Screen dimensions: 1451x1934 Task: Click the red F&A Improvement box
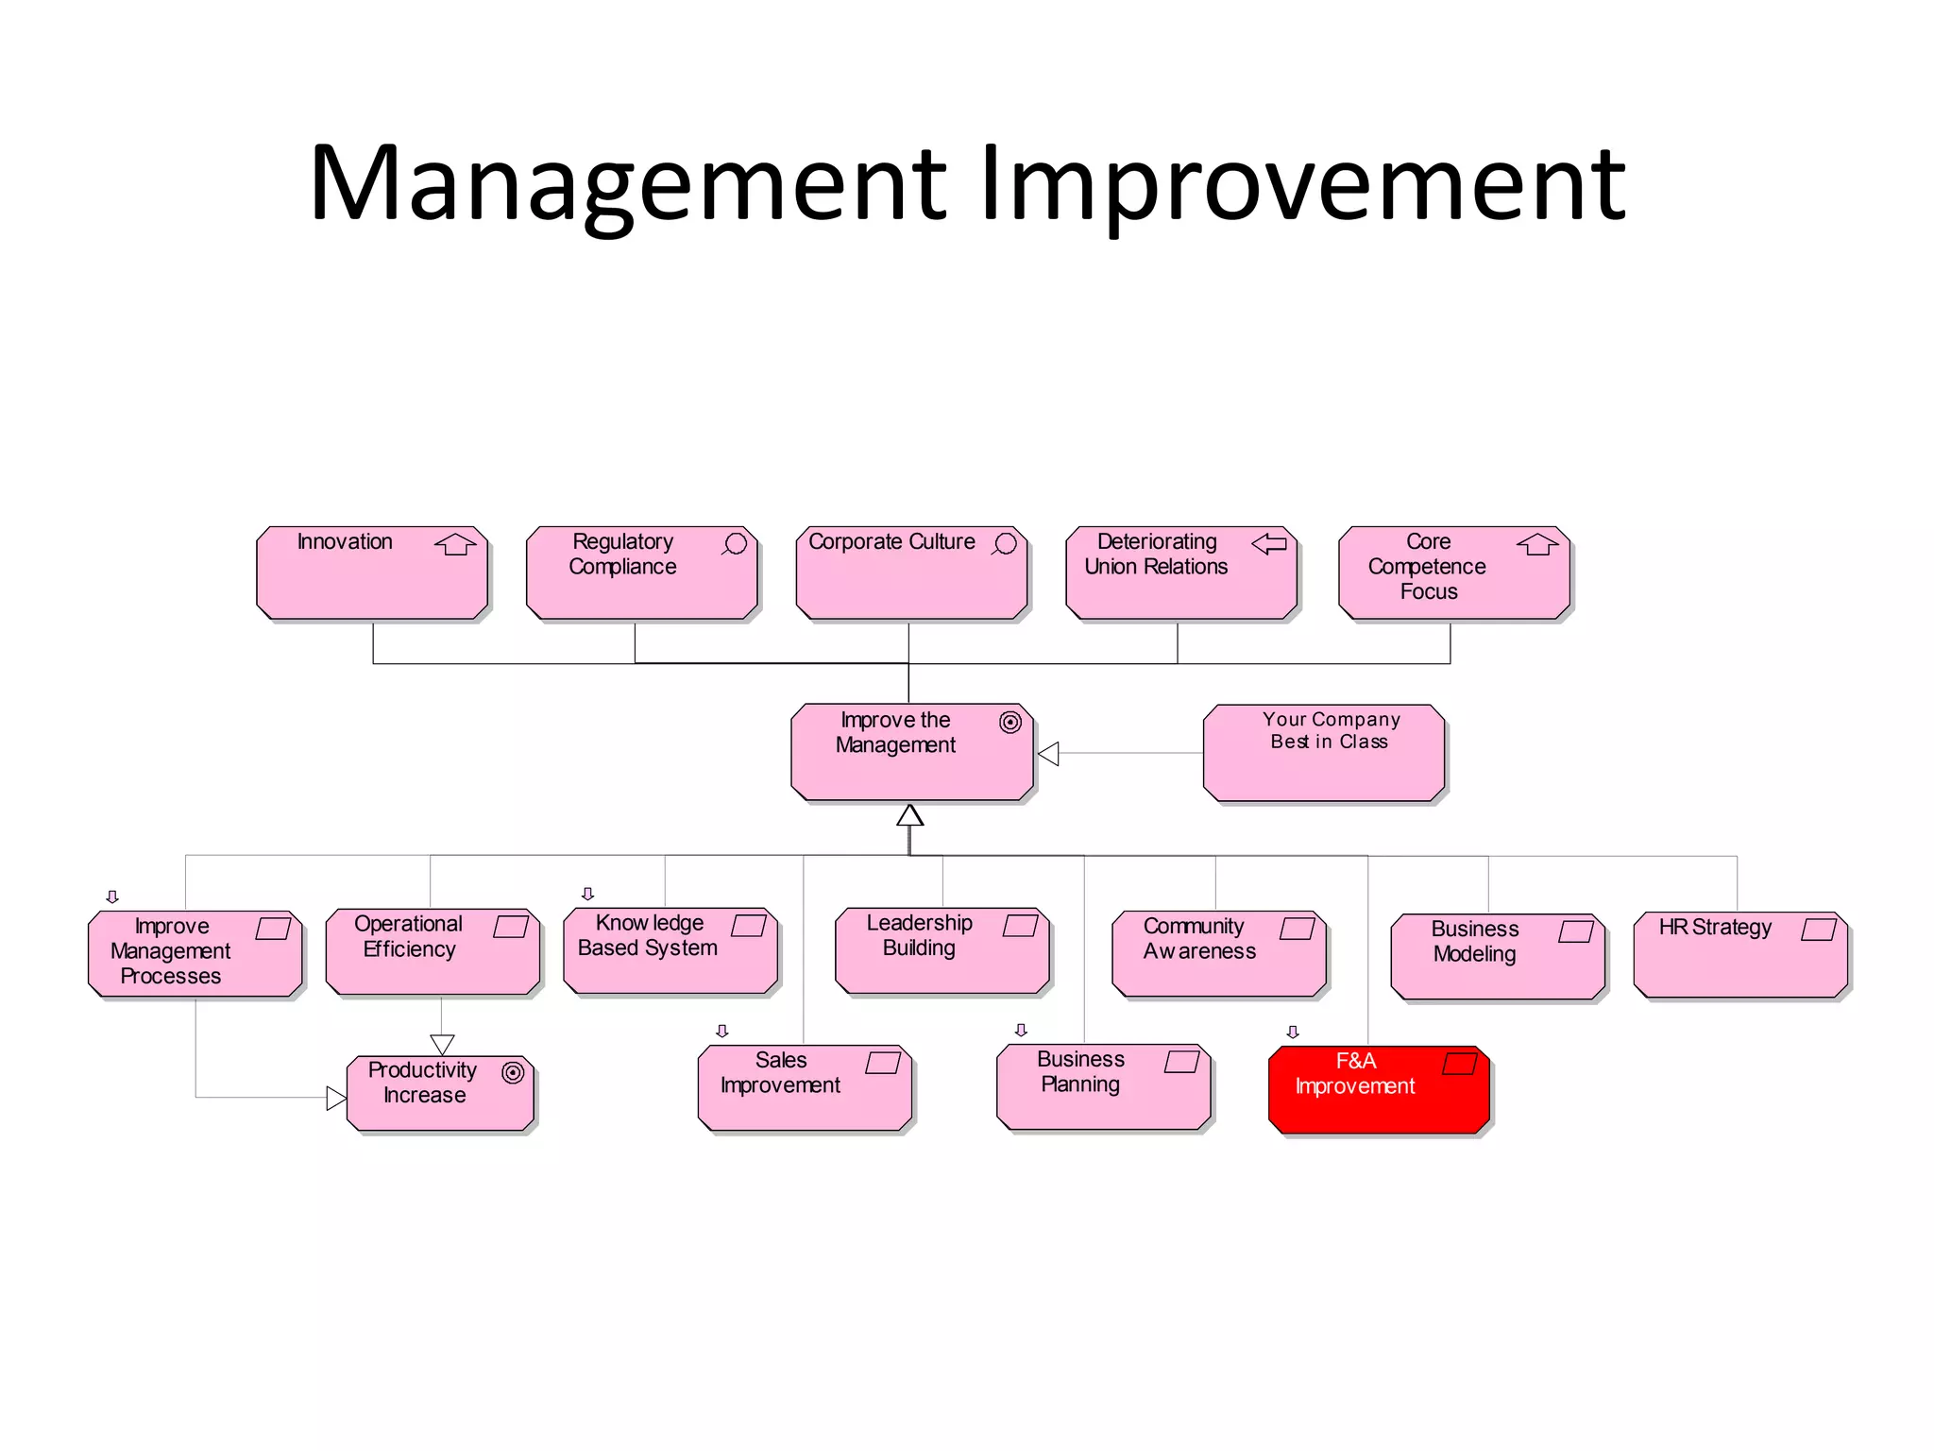[1379, 1089]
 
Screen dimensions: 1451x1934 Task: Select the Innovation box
[372, 573]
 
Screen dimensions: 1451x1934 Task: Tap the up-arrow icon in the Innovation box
[455, 544]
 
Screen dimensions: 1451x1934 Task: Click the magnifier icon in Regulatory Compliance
[735, 544]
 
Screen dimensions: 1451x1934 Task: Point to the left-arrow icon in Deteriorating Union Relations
[1269, 543]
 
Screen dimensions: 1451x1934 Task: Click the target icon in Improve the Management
[1009, 723]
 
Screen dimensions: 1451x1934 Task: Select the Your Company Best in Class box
[1324, 753]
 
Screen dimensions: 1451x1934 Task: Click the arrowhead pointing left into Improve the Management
[1048, 754]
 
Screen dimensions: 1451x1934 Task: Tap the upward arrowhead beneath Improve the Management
[909, 815]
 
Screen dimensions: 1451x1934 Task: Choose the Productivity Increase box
[440, 1093]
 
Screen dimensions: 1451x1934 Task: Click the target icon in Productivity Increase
[513, 1072]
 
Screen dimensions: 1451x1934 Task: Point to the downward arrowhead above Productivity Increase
[442, 1044]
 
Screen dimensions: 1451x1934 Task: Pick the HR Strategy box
[1740, 954]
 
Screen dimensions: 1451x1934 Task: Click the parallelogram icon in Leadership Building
[1020, 925]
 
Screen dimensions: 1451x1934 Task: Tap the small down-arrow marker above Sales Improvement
[722, 1031]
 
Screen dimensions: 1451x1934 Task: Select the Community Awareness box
[1219, 954]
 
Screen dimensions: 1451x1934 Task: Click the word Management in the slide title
[628, 184]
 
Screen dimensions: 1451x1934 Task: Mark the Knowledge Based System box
[670, 951]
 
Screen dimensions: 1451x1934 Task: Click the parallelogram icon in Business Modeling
[1575, 931]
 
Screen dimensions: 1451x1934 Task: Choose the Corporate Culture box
[911, 573]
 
